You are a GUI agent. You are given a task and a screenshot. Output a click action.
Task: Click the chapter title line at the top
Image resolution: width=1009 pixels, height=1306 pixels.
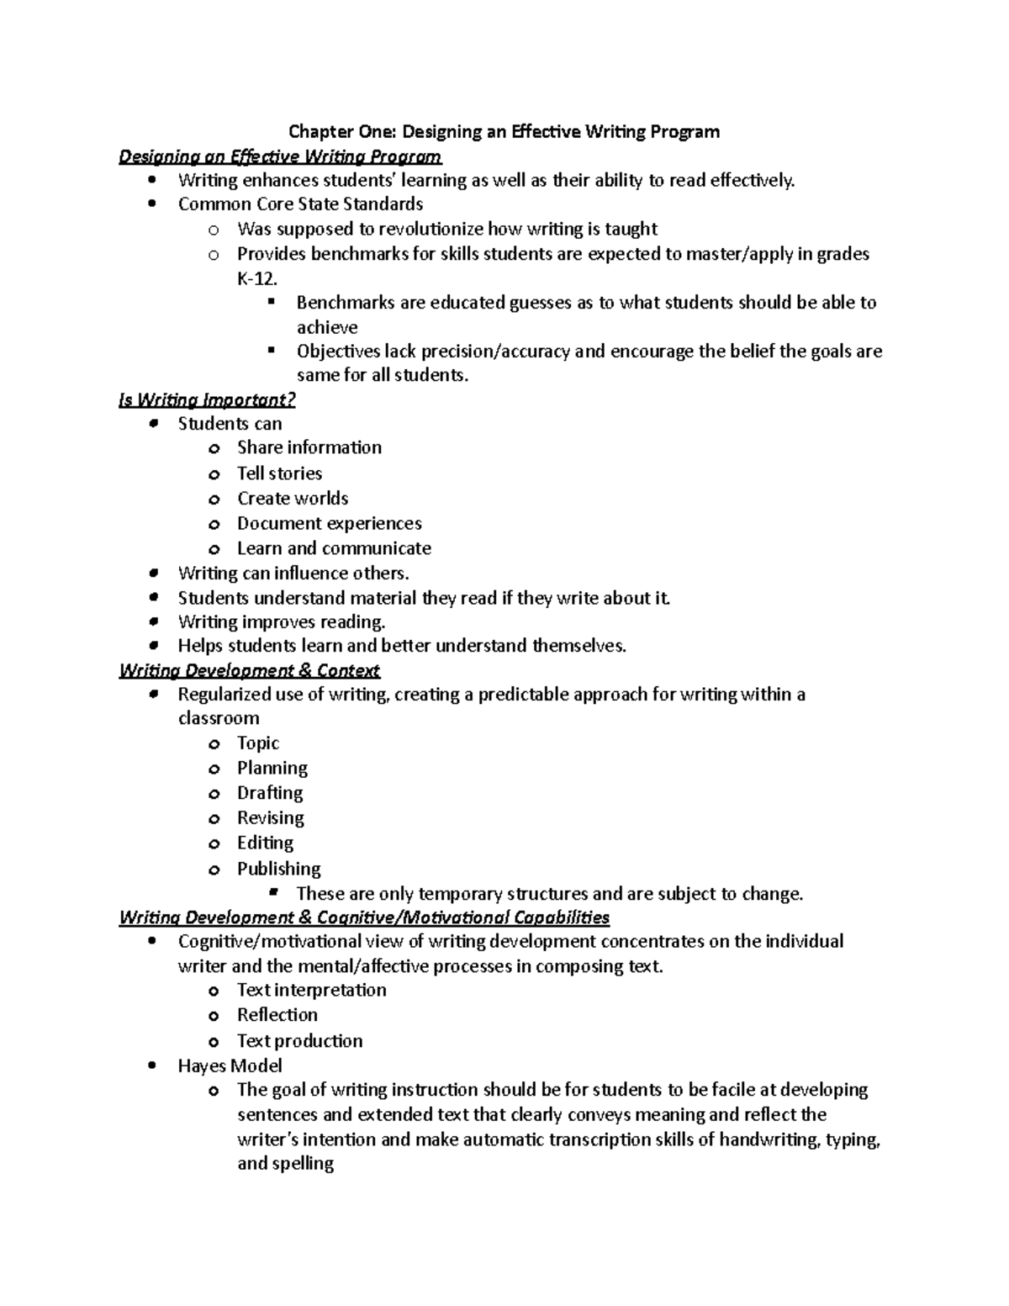coord(504,131)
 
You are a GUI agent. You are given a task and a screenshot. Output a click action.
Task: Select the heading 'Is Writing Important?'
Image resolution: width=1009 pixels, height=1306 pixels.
coord(207,399)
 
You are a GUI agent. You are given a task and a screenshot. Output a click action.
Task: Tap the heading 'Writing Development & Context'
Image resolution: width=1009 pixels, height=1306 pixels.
coord(249,670)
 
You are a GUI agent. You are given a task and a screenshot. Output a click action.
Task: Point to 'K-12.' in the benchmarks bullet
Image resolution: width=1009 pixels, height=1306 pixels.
coord(256,278)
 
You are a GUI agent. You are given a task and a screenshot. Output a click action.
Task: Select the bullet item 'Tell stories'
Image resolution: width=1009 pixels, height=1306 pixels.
coord(279,473)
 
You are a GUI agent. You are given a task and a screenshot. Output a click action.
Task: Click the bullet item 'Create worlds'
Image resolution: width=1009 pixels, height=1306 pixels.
coord(292,498)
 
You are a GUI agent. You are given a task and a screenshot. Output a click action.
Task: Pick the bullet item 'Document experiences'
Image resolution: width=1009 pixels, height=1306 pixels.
coord(329,523)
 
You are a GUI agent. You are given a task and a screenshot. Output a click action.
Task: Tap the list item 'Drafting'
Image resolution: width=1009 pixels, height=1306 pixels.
coord(269,793)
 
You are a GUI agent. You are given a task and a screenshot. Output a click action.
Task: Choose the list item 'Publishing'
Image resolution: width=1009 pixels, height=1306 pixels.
coord(278,869)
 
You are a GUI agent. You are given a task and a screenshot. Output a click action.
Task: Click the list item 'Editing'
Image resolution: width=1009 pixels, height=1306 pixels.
coord(265,843)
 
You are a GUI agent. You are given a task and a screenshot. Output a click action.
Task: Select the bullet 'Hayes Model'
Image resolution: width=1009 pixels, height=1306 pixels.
coord(230,1065)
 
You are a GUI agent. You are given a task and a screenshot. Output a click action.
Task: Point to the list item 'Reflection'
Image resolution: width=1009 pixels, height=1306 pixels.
coord(277,1015)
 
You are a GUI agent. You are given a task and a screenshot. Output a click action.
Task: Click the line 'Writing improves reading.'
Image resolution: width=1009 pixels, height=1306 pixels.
coord(281,621)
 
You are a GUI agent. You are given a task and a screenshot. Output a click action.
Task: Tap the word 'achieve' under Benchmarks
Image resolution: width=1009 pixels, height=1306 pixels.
coord(326,327)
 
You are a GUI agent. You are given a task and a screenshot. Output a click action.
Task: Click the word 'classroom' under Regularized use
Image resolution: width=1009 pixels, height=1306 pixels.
coord(218,718)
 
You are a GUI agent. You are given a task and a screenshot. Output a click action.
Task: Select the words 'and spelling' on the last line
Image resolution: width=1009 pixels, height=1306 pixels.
coord(285,1164)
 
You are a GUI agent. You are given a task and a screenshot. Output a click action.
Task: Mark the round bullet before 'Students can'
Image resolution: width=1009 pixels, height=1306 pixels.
coord(151,424)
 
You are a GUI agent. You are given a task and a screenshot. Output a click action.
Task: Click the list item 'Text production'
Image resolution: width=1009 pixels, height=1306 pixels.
coord(299,1040)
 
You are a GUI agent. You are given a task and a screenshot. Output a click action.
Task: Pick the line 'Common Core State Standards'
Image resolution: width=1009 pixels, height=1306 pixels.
coord(300,204)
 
